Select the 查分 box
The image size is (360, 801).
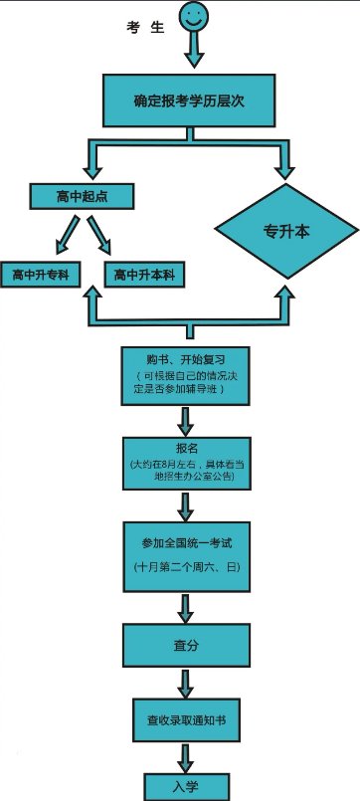[186, 646]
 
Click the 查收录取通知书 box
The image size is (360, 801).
[186, 716]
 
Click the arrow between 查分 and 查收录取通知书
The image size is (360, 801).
[186, 683]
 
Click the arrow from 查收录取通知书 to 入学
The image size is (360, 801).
[186, 753]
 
